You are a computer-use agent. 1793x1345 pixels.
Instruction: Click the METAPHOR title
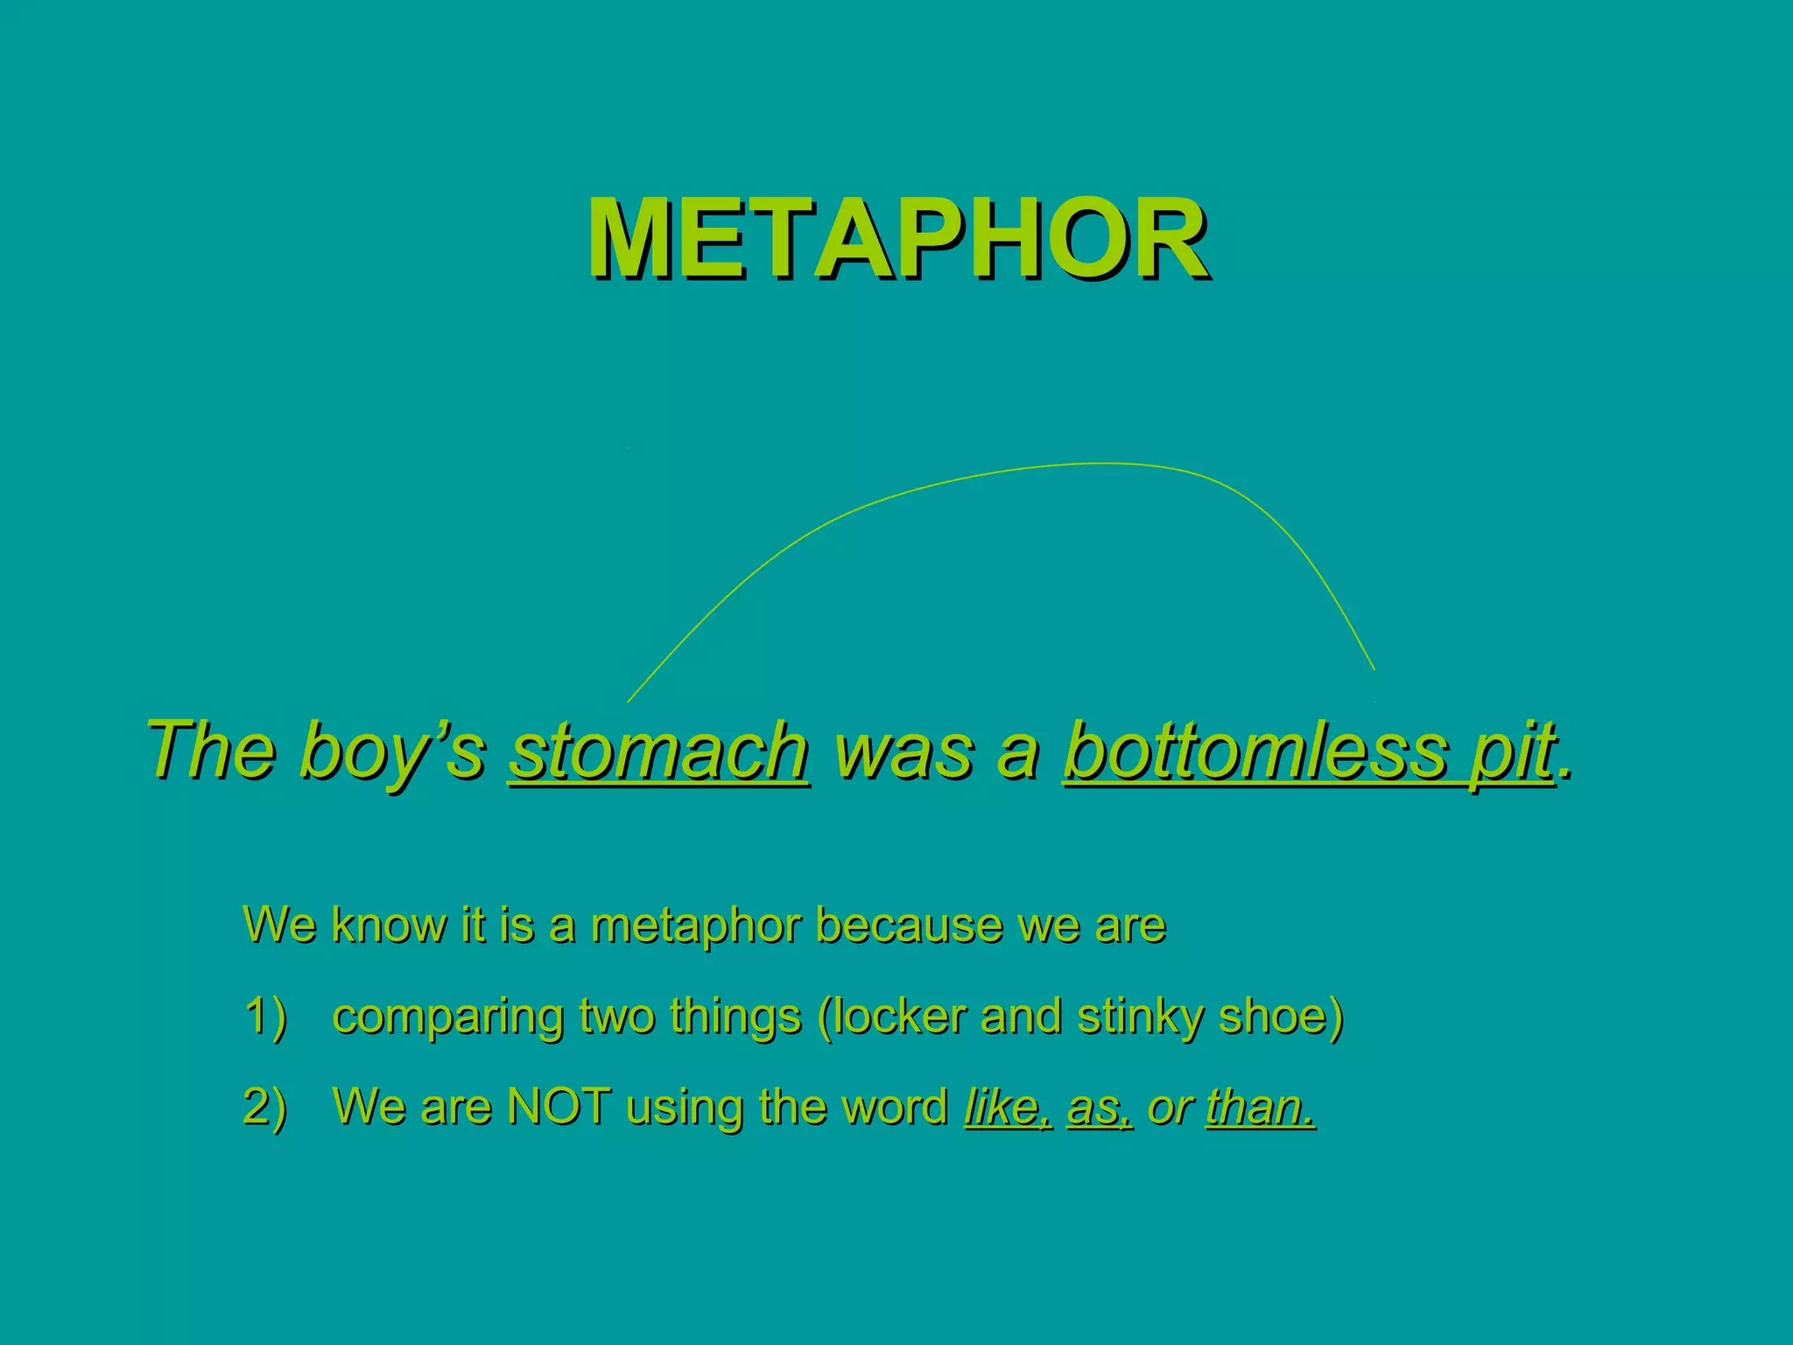(898, 238)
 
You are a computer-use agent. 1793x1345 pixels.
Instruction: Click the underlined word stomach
(659, 751)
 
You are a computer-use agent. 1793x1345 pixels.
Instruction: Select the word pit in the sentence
(1512, 751)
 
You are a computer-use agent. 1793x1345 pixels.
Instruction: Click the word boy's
(391, 751)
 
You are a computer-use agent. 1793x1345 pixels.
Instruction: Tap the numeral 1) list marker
(265, 1018)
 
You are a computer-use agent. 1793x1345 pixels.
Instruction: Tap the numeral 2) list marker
(265, 1107)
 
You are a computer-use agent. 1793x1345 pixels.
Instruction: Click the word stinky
(1139, 1018)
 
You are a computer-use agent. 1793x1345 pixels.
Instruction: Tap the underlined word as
(1097, 1109)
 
